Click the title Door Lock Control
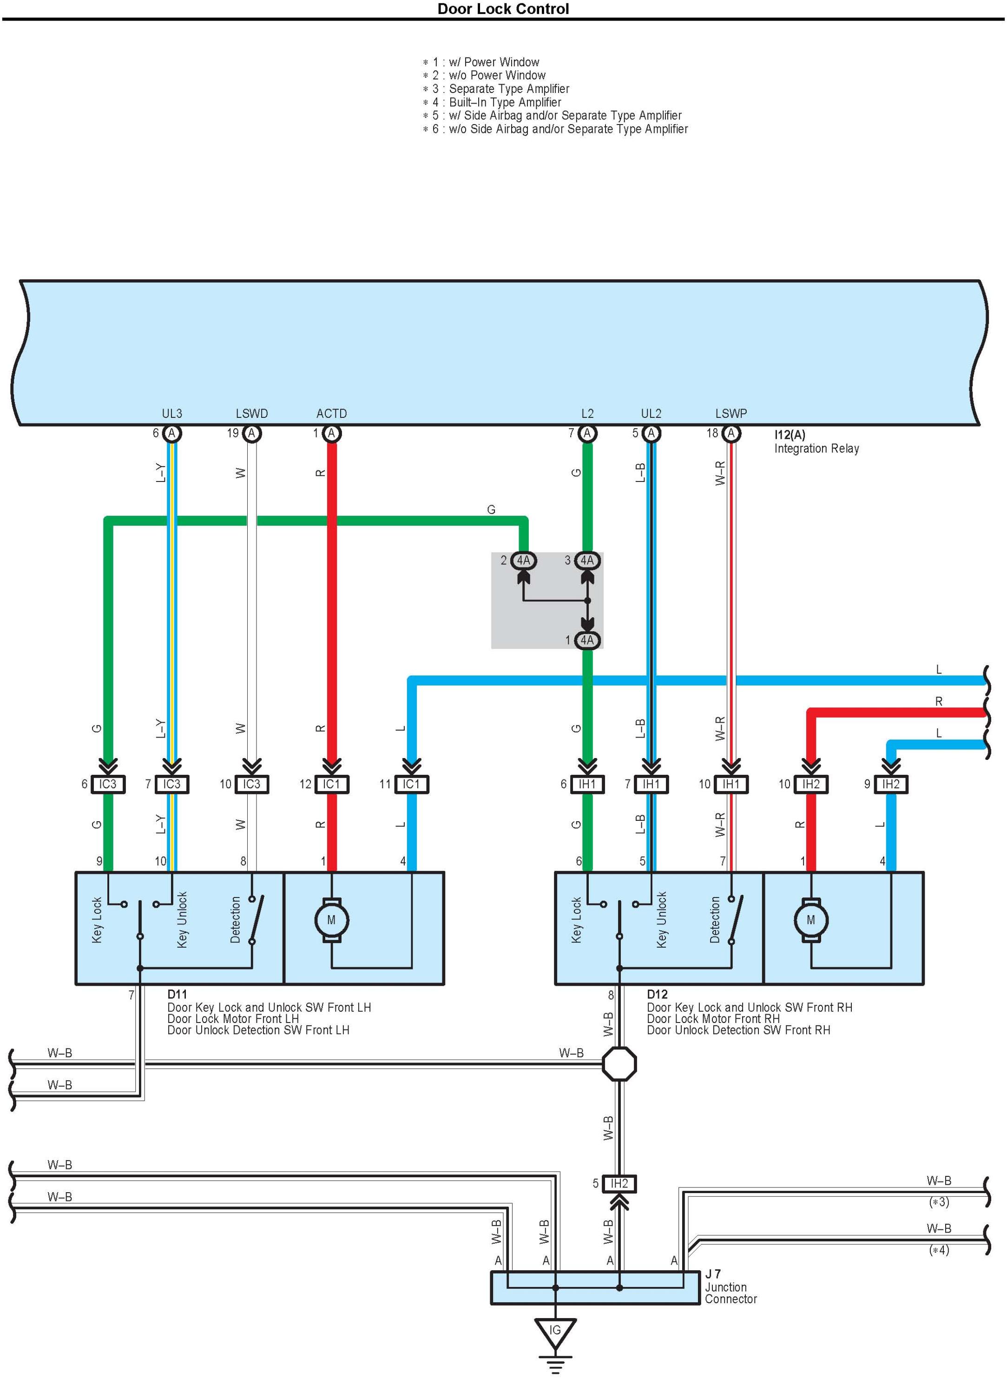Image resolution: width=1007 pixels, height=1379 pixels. click(503, 9)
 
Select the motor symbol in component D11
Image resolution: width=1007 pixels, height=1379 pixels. click(331, 920)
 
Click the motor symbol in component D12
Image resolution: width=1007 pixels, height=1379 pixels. click(811, 920)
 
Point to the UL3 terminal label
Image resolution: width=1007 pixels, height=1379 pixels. click(172, 413)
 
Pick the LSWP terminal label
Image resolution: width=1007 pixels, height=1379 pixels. click(731, 413)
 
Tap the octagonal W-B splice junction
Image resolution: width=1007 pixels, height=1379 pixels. click(619, 1064)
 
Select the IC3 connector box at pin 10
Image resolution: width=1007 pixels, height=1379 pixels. click(252, 784)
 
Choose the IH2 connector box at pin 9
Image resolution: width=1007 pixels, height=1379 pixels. click(890, 784)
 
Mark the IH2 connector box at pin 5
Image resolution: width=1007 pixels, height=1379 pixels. click(619, 1184)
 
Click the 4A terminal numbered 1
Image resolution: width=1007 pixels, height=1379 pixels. click(587, 640)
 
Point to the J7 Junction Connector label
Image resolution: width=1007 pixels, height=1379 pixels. click(730, 1287)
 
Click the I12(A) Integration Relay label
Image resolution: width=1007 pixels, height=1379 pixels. click(816, 442)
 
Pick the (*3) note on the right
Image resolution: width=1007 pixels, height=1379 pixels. click(939, 1202)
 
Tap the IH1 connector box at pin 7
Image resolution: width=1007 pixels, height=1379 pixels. click(651, 784)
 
